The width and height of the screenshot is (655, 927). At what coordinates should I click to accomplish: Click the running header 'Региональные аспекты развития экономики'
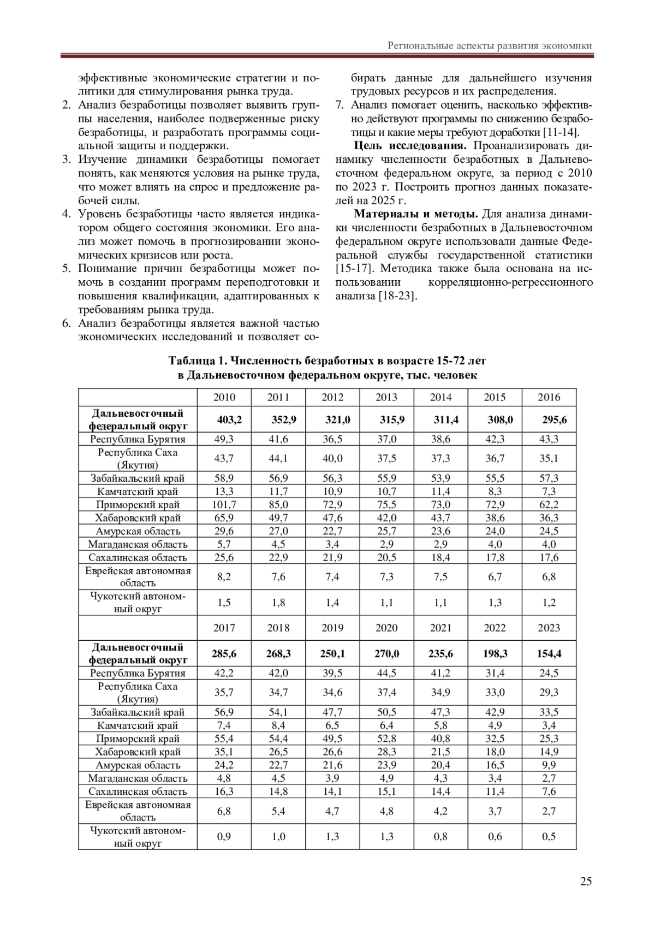pos(490,46)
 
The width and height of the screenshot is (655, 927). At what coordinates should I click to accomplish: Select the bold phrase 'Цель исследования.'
pos(410,146)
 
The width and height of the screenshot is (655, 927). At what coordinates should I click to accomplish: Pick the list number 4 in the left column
pos(67,214)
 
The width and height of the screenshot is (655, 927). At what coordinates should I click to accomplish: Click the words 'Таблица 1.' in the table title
pos(197,361)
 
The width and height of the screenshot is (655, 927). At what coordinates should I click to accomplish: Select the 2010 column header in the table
pos(224,397)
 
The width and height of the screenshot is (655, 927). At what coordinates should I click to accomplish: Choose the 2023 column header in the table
pos(549,628)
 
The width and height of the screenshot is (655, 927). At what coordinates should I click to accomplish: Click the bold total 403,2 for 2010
pos(229,420)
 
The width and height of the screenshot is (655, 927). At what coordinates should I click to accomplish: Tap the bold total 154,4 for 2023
pos(549,653)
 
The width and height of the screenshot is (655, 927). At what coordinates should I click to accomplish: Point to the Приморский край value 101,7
pos(224,504)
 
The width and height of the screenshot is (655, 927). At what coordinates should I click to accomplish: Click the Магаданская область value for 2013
pos(386,544)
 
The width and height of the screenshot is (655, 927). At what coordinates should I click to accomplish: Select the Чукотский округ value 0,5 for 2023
pos(549,836)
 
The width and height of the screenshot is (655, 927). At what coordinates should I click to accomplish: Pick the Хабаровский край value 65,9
pos(224,518)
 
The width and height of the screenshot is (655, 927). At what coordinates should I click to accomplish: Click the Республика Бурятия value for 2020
pos(386,673)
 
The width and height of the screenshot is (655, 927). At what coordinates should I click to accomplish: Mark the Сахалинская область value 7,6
pos(549,791)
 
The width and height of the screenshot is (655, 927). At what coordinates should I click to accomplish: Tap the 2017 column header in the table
pos(224,628)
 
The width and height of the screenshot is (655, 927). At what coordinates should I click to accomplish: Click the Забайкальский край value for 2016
pos(549,478)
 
